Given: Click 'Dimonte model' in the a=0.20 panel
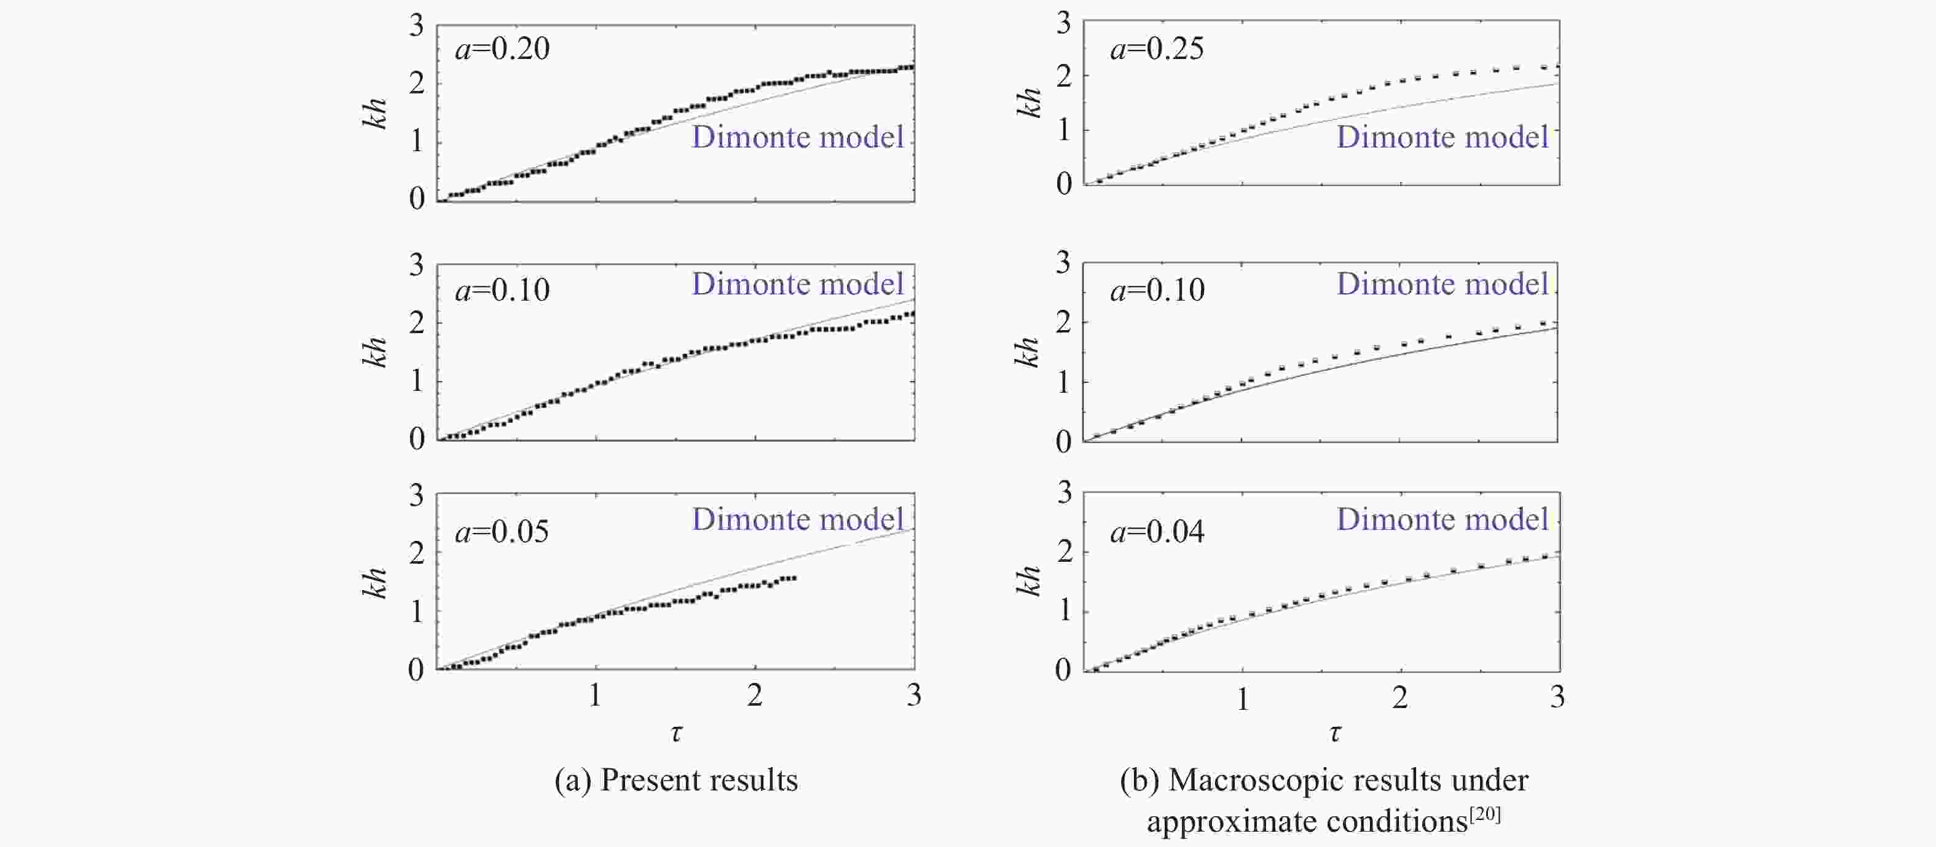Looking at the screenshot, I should [x=797, y=138].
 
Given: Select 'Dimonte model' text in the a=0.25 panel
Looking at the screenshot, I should [x=1442, y=138].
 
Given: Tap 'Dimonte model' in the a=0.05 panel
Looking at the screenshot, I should [x=797, y=519].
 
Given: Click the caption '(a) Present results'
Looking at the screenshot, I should [x=675, y=780].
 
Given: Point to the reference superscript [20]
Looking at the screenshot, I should [x=1485, y=814].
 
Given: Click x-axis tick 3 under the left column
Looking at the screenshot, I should [x=914, y=695].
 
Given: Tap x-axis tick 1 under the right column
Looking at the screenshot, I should [x=1242, y=699].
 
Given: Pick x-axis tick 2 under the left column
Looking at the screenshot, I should [x=755, y=695].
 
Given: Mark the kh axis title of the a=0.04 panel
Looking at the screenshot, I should [x=1028, y=580].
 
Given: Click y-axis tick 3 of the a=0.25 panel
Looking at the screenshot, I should [x=1063, y=24].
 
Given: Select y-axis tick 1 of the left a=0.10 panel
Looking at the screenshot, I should [x=416, y=381].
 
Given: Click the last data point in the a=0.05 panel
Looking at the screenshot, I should [x=793, y=577].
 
